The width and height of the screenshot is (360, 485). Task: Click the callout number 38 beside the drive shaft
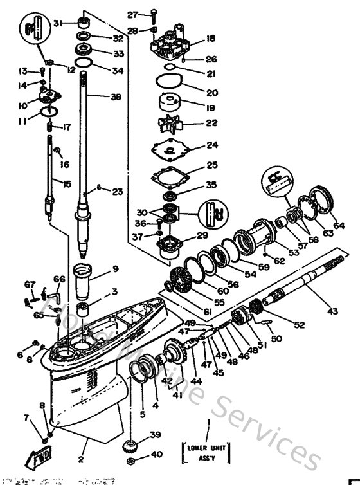pyautogui.click(x=115, y=97)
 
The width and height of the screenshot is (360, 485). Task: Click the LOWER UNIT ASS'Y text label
pyautogui.click(x=208, y=452)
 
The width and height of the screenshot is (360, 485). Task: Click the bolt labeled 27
pyautogui.click(x=156, y=14)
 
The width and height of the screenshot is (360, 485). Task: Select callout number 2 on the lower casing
pyautogui.click(x=81, y=459)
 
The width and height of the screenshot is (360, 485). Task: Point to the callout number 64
pyautogui.click(x=339, y=225)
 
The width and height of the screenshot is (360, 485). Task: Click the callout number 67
pyautogui.click(x=30, y=285)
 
